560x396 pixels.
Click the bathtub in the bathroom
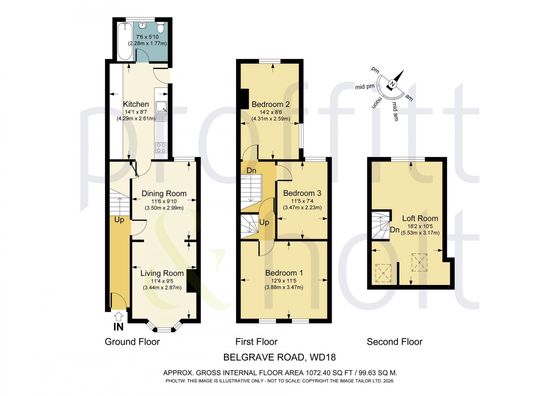pyautogui.click(x=125, y=41)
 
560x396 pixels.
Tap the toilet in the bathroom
pyautogui.click(x=160, y=27)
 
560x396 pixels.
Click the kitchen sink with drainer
pyautogui.click(x=161, y=111)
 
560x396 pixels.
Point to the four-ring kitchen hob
pyautogui.click(x=161, y=148)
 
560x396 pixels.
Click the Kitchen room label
pyautogui.click(x=136, y=104)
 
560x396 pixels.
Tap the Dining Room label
pyautogui.click(x=164, y=194)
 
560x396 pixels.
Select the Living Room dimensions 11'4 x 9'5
pyautogui.click(x=162, y=281)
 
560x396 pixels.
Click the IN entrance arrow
pyautogui.click(x=118, y=317)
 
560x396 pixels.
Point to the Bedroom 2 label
pyautogui.click(x=271, y=104)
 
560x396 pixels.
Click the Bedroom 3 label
pyautogui.click(x=302, y=193)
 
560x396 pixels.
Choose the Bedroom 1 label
pyautogui.click(x=284, y=273)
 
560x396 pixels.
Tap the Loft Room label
pyautogui.click(x=420, y=218)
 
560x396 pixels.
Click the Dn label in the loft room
pyautogui.click(x=395, y=230)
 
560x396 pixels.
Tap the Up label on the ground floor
pyautogui.click(x=119, y=220)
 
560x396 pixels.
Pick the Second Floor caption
pyautogui.click(x=394, y=342)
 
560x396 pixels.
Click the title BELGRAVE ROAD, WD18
pyautogui.click(x=279, y=357)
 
